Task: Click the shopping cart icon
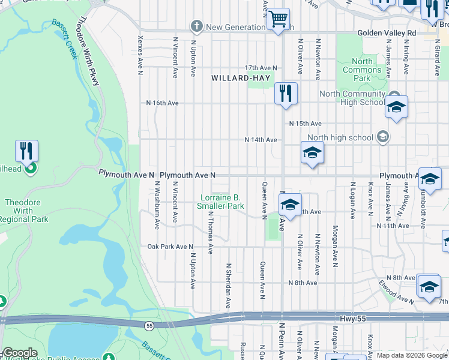(x=278, y=19)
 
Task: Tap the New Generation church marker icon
(x=196, y=26)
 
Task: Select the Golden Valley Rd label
(x=386, y=33)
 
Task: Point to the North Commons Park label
(x=362, y=70)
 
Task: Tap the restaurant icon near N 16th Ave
(x=284, y=94)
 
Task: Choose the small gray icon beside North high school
(x=382, y=137)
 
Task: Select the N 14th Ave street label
(x=261, y=140)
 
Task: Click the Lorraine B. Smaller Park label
(x=221, y=202)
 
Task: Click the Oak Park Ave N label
(x=170, y=247)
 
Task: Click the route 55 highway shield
(x=148, y=325)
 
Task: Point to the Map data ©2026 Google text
(x=411, y=356)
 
